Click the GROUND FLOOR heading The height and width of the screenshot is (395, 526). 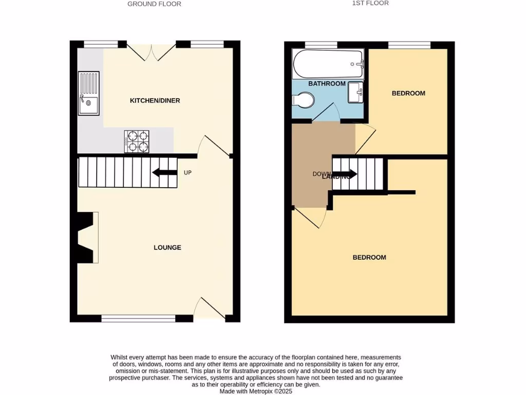pyautogui.click(x=154, y=4)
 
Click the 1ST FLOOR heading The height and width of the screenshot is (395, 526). pyautogui.click(x=370, y=3)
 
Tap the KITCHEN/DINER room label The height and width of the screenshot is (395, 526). pyautogui.click(x=155, y=101)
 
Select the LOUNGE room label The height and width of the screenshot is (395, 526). pyautogui.click(x=167, y=247)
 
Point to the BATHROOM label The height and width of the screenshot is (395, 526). pyautogui.click(x=327, y=83)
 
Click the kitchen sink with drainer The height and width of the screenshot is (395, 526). pyautogui.click(x=89, y=93)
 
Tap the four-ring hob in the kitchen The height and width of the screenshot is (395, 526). pyautogui.click(x=137, y=141)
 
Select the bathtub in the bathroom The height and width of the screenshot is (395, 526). pyautogui.click(x=328, y=64)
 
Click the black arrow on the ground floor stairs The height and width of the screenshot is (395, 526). pyautogui.click(x=164, y=173)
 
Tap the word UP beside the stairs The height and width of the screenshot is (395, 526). pyautogui.click(x=187, y=173)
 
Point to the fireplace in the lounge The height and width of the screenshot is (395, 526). pyautogui.click(x=86, y=238)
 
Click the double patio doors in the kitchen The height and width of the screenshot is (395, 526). pyautogui.click(x=152, y=51)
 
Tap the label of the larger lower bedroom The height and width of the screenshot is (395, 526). pyautogui.click(x=369, y=257)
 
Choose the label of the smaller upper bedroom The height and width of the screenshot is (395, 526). pyautogui.click(x=408, y=93)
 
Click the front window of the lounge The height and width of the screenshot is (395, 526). pyautogui.click(x=138, y=318)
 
